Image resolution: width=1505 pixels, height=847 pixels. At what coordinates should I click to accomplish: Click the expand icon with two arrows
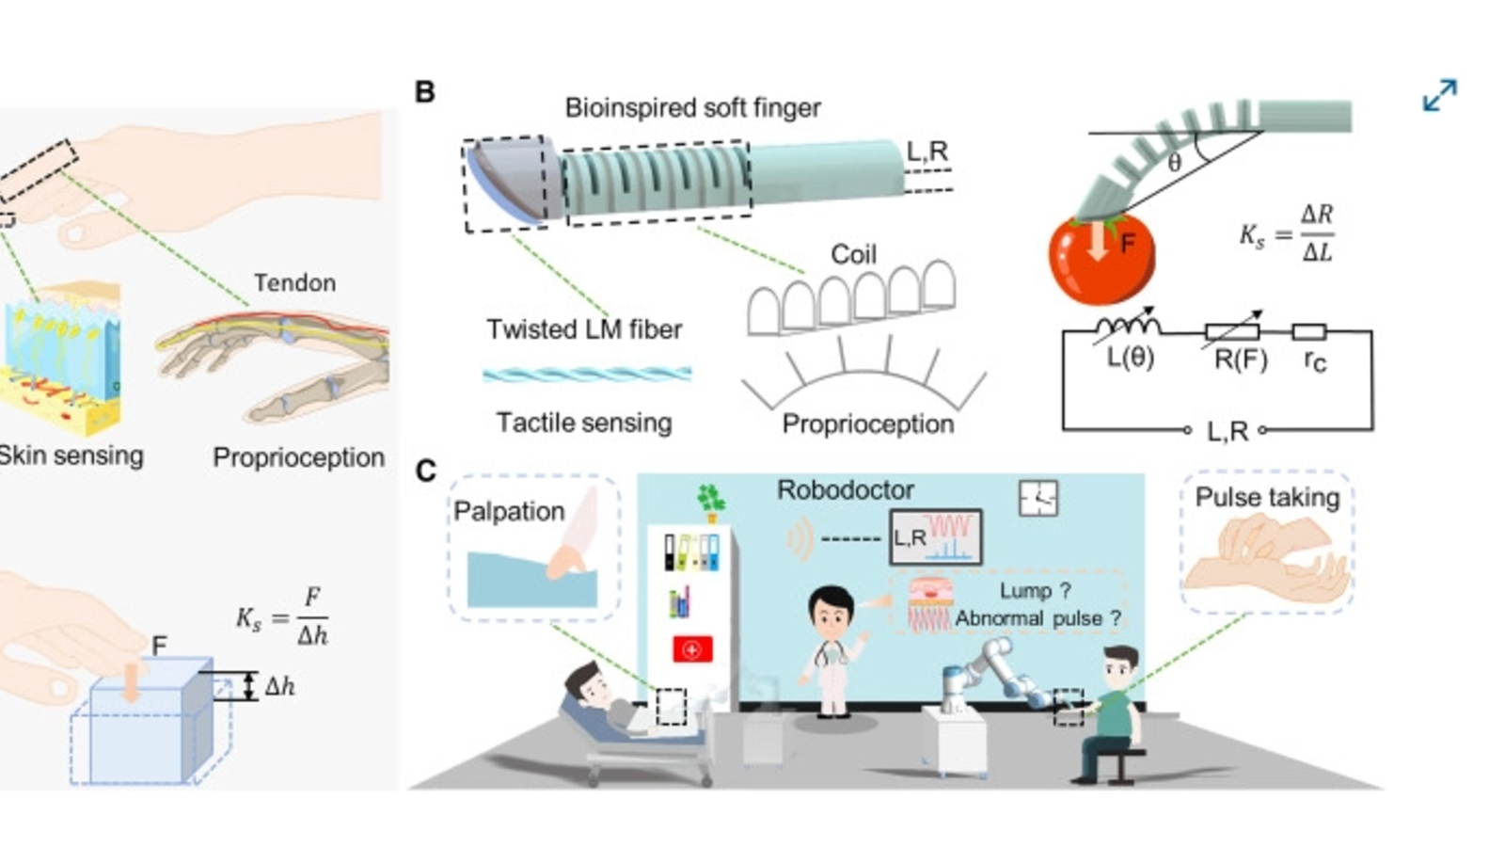point(1439,95)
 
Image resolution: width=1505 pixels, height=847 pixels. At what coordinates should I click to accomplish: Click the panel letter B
point(424,92)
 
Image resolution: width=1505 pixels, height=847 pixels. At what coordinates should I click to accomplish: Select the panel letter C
point(425,471)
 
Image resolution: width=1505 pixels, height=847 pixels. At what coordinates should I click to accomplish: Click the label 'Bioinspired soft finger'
point(692,108)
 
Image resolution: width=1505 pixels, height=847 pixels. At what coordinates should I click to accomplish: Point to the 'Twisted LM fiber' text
point(584,329)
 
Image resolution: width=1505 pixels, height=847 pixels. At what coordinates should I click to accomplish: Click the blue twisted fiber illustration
point(587,375)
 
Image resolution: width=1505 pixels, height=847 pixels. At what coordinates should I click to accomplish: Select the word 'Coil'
point(853,254)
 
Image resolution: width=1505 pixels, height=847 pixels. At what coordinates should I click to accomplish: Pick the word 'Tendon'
point(294,282)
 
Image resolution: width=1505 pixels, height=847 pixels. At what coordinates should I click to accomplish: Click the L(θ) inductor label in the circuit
point(1130,358)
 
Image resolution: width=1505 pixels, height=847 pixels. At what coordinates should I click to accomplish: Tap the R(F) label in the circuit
point(1240,360)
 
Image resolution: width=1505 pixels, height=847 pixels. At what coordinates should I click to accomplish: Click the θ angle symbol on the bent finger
point(1174,162)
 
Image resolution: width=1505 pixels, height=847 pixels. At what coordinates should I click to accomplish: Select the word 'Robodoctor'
point(845,489)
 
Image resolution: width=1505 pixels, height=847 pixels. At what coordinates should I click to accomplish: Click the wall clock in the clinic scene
point(1038,498)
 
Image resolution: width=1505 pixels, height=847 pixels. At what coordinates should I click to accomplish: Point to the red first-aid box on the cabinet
point(692,649)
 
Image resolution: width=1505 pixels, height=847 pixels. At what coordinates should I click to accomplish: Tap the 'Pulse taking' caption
point(1267,497)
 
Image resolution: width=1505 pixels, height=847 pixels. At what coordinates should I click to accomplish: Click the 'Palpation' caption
point(509,511)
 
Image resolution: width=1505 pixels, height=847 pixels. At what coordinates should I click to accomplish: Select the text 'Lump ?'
point(1035,591)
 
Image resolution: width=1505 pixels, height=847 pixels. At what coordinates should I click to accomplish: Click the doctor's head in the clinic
point(832,609)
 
